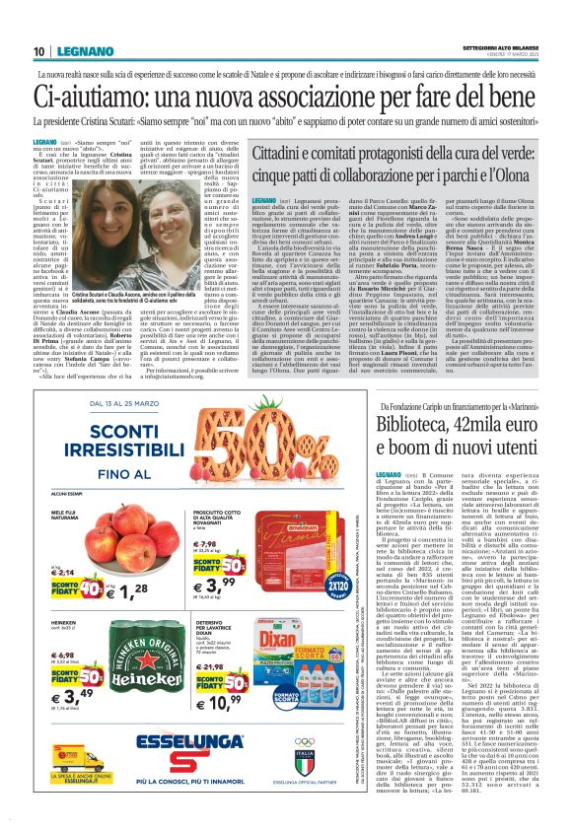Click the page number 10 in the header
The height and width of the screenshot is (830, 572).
pos(38,52)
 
